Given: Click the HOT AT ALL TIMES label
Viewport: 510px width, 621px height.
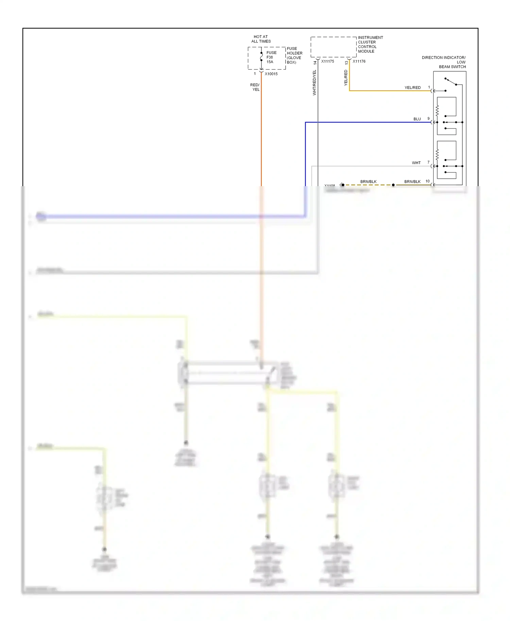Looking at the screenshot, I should click(x=261, y=39).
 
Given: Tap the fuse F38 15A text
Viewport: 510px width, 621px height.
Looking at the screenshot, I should click(x=271, y=57).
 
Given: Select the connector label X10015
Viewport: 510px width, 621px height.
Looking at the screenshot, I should click(x=271, y=74).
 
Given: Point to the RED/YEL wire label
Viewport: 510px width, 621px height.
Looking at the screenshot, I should click(x=255, y=87).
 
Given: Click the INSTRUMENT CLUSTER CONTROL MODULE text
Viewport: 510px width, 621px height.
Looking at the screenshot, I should click(x=370, y=45).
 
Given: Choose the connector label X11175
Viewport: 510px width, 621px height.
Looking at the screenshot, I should click(x=327, y=61).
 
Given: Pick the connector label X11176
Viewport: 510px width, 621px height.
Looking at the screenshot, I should click(x=359, y=61).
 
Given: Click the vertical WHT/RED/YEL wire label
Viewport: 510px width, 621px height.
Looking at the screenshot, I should click(x=314, y=83).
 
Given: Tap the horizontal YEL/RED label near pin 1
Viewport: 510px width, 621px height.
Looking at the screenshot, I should click(x=412, y=88).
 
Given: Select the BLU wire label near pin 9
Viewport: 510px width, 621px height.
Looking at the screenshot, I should click(x=417, y=119).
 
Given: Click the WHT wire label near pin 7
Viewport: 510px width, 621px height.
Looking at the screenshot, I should click(x=416, y=163).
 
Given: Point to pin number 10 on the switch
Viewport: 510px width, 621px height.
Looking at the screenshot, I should click(x=427, y=181).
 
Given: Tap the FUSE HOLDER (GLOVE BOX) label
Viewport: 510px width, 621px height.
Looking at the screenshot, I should click(x=294, y=55).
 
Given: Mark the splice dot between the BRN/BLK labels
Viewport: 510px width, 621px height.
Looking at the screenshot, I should click(x=393, y=185).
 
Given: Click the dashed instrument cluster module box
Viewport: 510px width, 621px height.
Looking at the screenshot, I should click(x=333, y=47).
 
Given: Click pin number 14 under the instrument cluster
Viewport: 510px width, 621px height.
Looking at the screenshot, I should click(x=315, y=63).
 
